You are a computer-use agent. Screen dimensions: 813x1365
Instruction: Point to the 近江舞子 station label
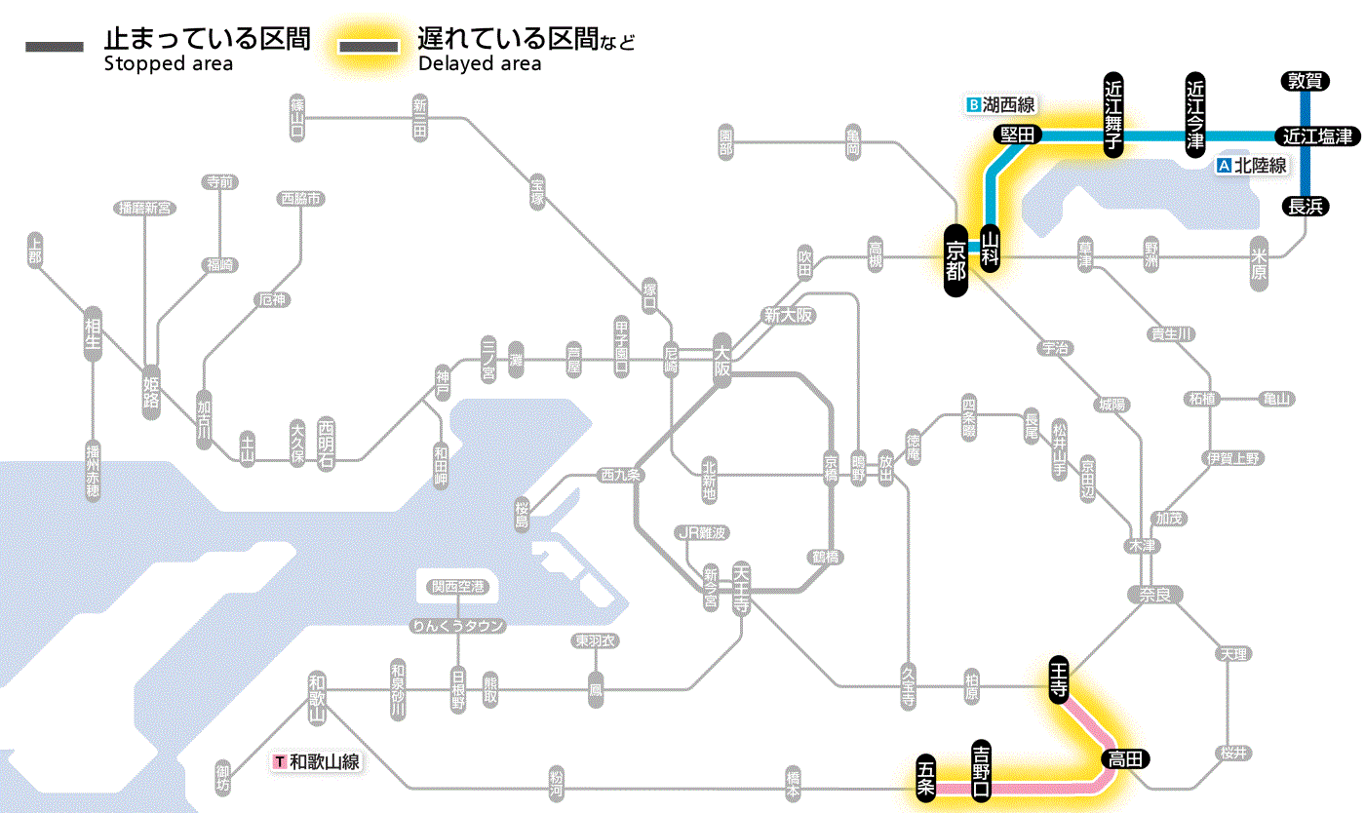(x=1113, y=114)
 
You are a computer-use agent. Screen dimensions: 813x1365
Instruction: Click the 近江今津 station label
(x=1195, y=114)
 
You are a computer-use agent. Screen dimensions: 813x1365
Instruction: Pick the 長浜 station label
(x=1305, y=206)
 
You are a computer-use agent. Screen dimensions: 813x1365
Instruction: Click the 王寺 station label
(x=1059, y=677)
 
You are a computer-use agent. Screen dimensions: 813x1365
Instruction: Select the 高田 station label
(x=1126, y=758)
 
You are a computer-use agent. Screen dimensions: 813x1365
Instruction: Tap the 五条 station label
(x=925, y=778)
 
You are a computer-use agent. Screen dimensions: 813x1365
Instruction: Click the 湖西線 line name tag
(x=1001, y=103)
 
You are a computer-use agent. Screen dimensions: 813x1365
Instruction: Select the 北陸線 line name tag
(x=1253, y=166)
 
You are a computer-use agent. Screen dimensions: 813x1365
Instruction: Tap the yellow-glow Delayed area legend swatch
(x=368, y=47)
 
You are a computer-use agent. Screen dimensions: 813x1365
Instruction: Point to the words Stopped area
(x=168, y=64)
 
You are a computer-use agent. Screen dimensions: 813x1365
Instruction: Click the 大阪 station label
(x=721, y=361)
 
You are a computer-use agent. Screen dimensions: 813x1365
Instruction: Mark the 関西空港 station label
(x=457, y=587)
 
